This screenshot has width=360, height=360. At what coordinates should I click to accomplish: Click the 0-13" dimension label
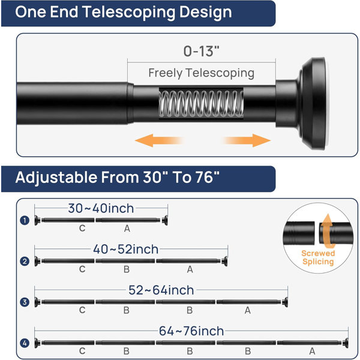tap(202, 51)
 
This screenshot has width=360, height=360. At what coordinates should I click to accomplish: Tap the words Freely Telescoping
tap(202, 73)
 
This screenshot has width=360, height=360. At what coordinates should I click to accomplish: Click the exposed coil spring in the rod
tap(201, 103)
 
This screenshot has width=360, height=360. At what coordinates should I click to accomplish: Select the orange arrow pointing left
tap(160, 140)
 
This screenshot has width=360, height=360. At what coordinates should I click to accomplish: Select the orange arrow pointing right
tap(247, 140)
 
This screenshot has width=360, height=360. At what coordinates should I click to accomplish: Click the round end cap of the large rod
tap(314, 103)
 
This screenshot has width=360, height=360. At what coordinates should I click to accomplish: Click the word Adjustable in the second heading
tap(56, 178)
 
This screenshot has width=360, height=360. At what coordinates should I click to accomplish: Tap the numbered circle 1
tap(25, 220)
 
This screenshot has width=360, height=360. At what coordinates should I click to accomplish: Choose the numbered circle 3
tap(25, 302)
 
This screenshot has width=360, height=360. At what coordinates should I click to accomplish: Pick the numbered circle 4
tap(25, 343)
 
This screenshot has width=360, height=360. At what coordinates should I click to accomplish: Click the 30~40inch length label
tap(101, 208)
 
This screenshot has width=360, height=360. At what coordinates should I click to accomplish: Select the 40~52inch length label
tap(126, 250)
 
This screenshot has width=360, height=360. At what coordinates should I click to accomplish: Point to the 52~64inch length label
tap(161, 290)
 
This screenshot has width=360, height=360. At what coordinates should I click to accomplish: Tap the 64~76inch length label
tap(191, 331)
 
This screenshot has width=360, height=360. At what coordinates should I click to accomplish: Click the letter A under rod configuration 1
tap(127, 229)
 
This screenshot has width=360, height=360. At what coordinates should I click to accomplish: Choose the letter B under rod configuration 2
tap(127, 269)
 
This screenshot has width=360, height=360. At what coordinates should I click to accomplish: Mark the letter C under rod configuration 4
tap(82, 351)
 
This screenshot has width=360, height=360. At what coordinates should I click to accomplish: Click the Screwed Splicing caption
tap(318, 257)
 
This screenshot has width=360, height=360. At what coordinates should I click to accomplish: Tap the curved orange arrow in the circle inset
tap(327, 231)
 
